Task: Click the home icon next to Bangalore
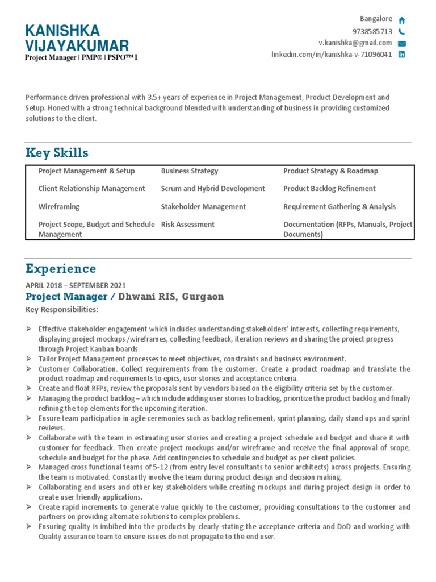[x=401, y=20]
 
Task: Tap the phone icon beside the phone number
[x=401, y=32]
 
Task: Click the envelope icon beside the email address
[x=401, y=43]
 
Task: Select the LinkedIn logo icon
[x=401, y=55]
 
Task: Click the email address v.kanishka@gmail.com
[x=355, y=43]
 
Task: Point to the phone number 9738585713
[x=372, y=31]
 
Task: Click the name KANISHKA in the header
[x=62, y=31]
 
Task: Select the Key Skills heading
[x=57, y=153]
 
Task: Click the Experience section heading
[x=61, y=269]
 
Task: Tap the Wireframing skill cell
[x=59, y=207]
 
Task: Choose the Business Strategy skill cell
[x=190, y=171]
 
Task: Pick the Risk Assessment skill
[x=188, y=225]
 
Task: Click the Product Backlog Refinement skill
[x=329, y=189]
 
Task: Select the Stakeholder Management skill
[x=203, y=207]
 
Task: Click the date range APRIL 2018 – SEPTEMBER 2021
[x=76, y=285]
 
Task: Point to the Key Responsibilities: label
[x=62, y=310]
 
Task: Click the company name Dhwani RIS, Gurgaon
[x=171, y=297]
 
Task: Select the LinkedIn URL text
[x=332, y=55]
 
